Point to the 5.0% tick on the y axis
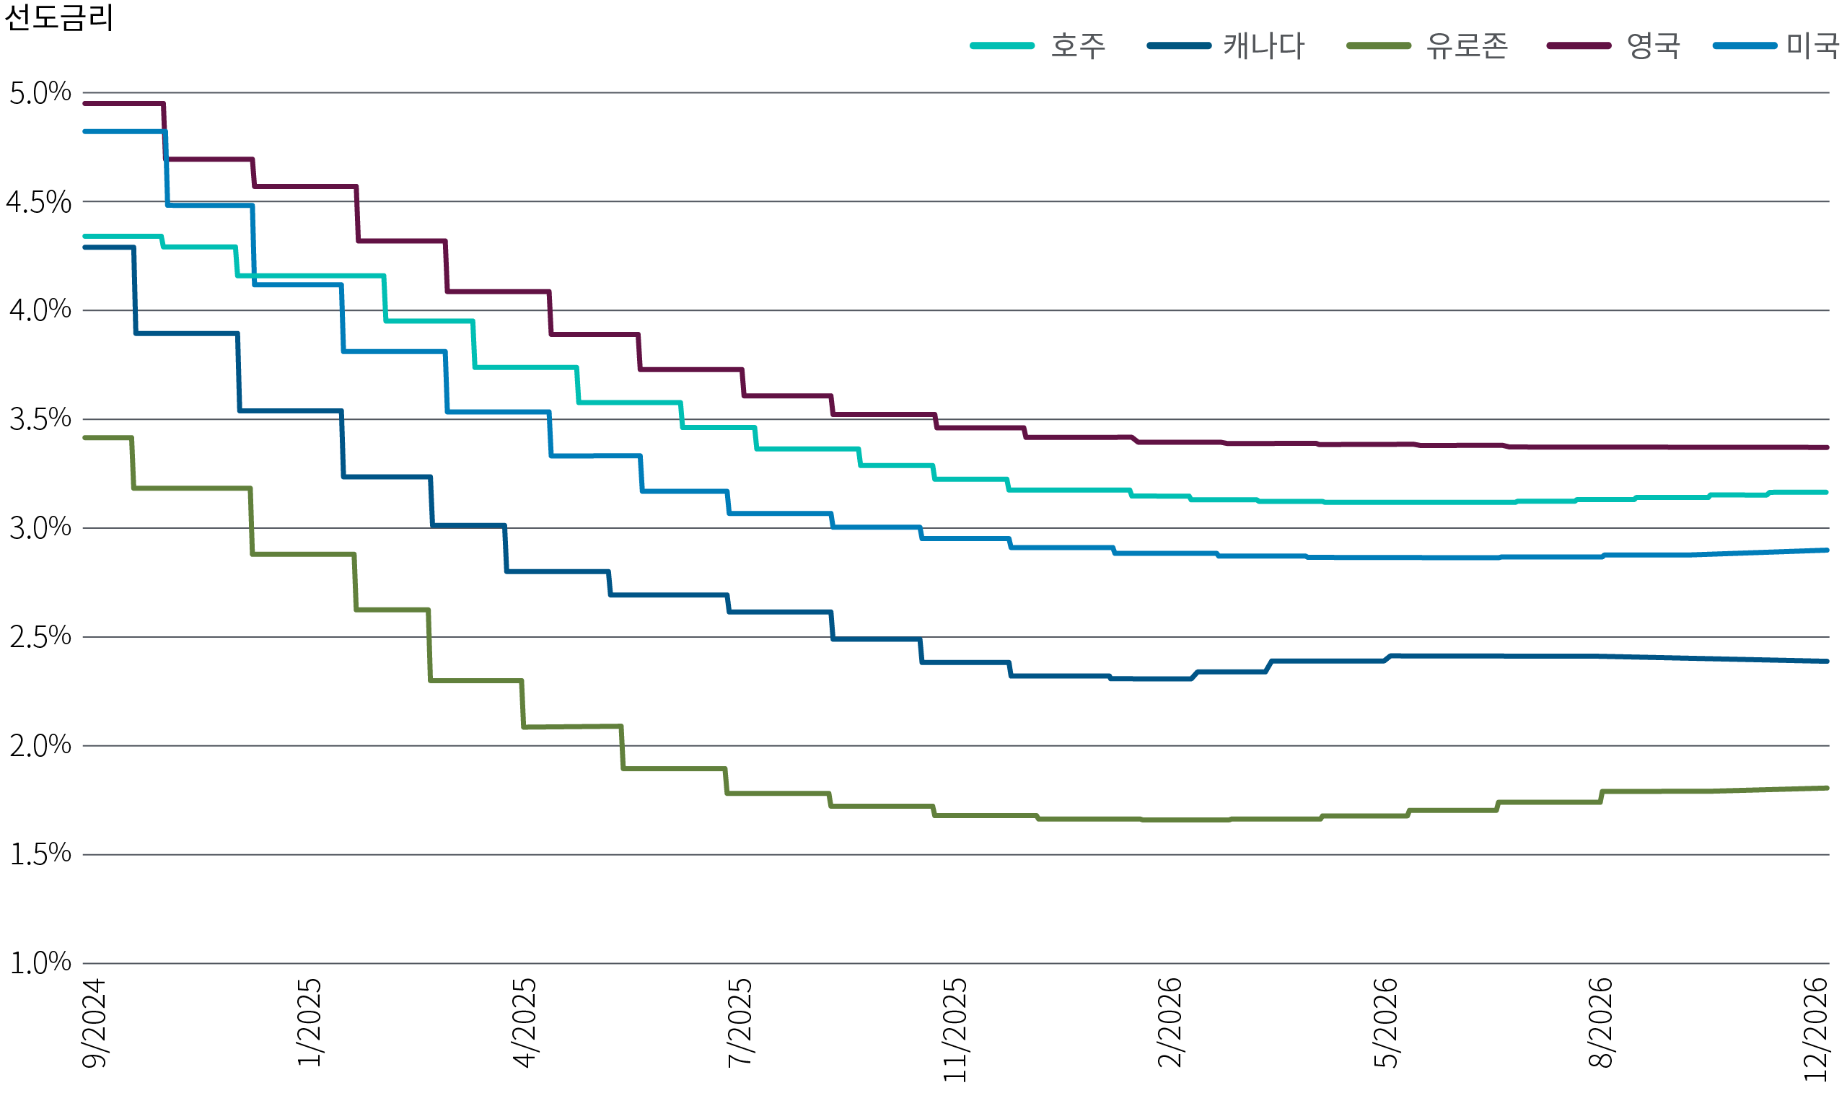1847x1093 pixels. [x=40, y=93]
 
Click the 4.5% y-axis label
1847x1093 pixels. [x=40, y=202]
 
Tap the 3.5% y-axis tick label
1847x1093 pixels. [x=40, y=419]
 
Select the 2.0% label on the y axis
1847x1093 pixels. [x=40, y=745]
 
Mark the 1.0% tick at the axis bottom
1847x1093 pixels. [x=40, y=962]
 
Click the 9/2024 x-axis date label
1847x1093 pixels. [x=95, y=1023]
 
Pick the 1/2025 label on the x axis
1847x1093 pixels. [x=310, y=1023]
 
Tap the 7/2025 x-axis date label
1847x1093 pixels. [x=741, y=1023]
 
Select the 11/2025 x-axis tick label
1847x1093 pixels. [x=955, y=1030]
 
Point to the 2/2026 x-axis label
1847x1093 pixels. [x=1170, y=1023]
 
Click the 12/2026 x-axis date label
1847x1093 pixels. [x=1818, y=1030]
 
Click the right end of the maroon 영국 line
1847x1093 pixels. [x=1827, y=447]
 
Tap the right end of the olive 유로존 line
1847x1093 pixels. [x=1827, y=788]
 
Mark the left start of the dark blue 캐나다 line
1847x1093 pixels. [x=84, y=247]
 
